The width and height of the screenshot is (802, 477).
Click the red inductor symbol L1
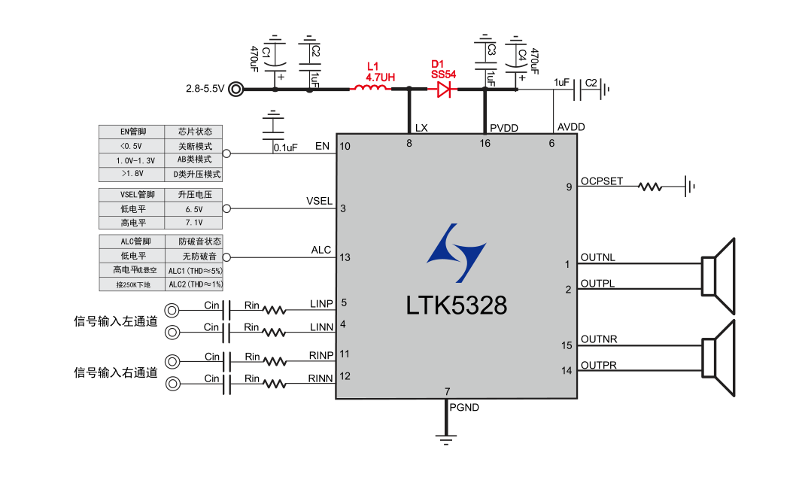tap(369, 89)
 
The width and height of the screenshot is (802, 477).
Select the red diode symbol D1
tap(444, 90)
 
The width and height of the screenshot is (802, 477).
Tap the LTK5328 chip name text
tap(456, 305)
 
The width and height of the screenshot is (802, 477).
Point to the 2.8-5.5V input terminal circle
tap(237, 90)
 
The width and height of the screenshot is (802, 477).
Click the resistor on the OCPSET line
tap(651, 186)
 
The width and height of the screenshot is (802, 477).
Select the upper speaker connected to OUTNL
tap(718, 275)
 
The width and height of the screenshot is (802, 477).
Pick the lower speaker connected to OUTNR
tap(718, 357)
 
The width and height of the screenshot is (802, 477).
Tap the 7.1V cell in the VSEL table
tap(193, 223)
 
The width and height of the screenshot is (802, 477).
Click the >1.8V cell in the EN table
tap(131, 174)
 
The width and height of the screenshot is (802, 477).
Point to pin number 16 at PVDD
tap(485, 143)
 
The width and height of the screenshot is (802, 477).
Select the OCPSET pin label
tap(601, 181)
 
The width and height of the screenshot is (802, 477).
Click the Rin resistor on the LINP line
tap(274, 309)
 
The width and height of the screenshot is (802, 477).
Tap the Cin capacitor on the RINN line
tap(229, 384)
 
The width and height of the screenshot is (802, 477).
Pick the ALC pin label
tap(321, 250)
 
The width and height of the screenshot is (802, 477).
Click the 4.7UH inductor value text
tap(380, 77)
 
